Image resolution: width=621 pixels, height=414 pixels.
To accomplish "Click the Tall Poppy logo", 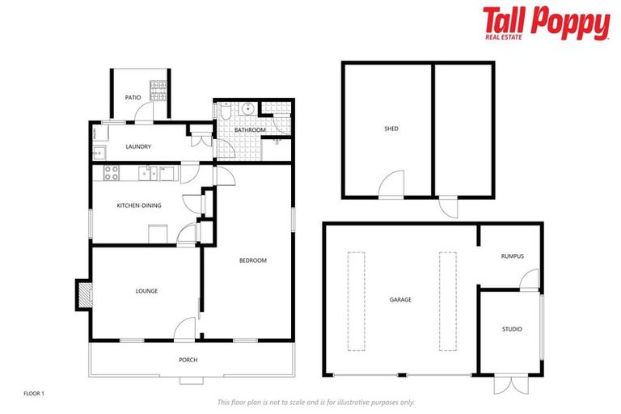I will (x=546, y=23).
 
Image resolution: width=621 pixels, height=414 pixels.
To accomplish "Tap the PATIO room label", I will (x=133, y=98).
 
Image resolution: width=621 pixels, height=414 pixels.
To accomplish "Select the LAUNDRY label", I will (x=139, y=146).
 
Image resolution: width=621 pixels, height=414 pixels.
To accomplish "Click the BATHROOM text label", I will (x=250, y=130).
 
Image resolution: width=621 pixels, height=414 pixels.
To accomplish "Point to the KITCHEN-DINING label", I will (x=139, y=205).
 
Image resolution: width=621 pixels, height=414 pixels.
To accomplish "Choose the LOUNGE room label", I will (x=146, y=291).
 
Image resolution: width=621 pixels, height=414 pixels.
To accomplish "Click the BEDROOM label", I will (x=252, y=260).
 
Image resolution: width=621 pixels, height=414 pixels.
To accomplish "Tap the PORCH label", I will (x=188, y=360).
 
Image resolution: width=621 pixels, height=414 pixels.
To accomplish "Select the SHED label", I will (x=391, y=129).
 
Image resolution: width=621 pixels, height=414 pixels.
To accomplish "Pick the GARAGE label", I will (x=400, y=300).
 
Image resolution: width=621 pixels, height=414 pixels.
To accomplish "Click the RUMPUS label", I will (x=512, y=256).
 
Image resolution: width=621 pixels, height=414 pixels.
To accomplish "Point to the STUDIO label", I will (x=511, y=329).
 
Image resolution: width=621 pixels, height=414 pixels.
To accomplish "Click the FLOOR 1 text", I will (x=33, y=393).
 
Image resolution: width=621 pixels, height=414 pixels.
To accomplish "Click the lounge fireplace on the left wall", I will (x=83, y=294).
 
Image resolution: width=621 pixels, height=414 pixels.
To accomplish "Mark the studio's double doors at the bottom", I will (x=509, y=384).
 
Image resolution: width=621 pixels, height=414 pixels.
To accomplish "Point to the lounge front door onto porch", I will (x=185, y=329).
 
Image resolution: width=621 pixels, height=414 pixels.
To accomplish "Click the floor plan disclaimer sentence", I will (x=315, y=402).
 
